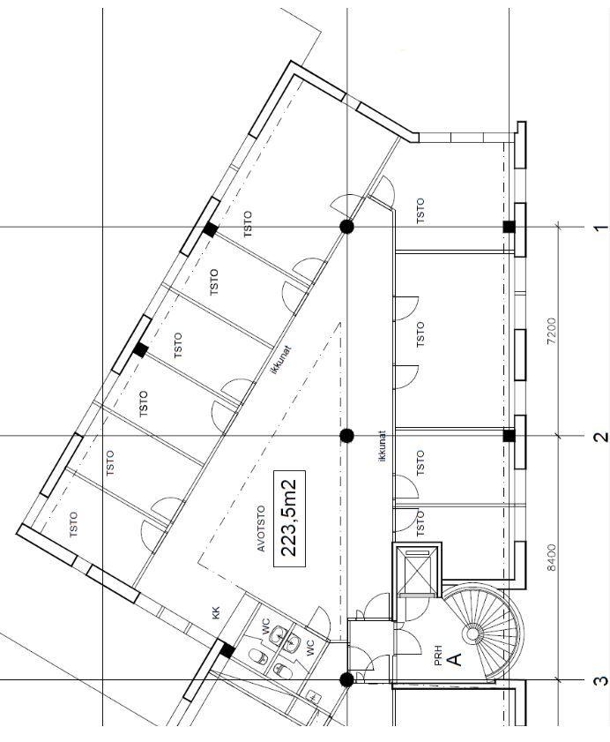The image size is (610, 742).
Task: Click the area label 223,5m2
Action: tap(289, 518)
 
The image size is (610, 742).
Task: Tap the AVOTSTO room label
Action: tap(261, 528)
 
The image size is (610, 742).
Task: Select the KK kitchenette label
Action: tap(216, 613)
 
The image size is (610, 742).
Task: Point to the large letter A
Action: tap(454, 659)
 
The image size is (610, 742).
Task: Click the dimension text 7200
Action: tap(551, 331)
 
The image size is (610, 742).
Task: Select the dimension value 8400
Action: tap(551, 558)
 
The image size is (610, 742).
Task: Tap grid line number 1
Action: tap(600, 228)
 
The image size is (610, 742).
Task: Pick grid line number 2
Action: tap(600, 437)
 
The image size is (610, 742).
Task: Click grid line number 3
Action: tap(600, 681)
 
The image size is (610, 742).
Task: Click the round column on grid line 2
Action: tap(347, 436)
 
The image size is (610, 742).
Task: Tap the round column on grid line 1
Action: tap(347, 227)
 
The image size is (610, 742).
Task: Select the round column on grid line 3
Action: tap(347, 680)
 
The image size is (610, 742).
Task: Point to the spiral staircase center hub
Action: tap(472, 633)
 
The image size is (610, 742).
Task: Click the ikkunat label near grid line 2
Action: tap(383, 446)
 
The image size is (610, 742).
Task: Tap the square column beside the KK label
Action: tap(227, 651)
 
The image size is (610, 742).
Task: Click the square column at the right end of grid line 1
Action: tap(509, 227)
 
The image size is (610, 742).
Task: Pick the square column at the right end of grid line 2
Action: tap(509, 436)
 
